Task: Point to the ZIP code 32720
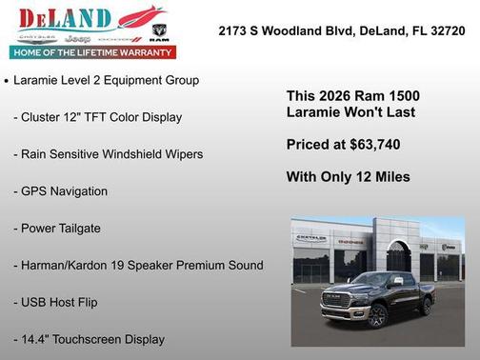click(445, 30)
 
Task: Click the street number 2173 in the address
click(234, 30)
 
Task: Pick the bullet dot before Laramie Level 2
click(7, 82)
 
